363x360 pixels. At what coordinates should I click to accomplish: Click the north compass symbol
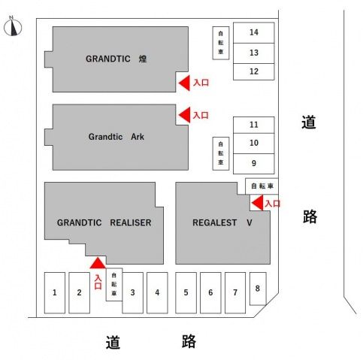click(x=13, y=26)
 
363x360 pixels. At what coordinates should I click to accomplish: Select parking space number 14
click(x=253, y=32)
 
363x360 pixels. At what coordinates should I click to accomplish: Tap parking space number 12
click(x=253, y=71)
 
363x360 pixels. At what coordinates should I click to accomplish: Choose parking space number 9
click(x=253, y=164)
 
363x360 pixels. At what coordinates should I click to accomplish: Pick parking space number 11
click(x=253, y=125)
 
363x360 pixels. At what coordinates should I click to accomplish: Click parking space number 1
click(x=55, y=292)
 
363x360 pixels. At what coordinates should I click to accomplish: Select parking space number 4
click(x=157, y=292)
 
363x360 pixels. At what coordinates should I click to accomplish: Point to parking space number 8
click(x=258, y=289)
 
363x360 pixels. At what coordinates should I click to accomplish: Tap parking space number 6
click(x=210, y=292)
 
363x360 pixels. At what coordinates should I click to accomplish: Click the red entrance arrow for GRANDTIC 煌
click(x=184, y=83)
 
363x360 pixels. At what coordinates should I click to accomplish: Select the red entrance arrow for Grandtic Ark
click(x=184, y=115)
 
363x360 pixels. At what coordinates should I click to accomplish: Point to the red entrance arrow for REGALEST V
click(x=258, y=203)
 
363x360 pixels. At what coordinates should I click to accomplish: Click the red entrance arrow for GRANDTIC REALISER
click(x=98, y=263)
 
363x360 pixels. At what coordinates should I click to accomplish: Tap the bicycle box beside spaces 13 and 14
click(x=221, y=43)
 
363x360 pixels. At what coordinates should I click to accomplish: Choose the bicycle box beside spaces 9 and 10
click(x=221, y=153)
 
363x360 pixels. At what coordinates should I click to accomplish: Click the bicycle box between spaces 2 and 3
click(x=114, y=284)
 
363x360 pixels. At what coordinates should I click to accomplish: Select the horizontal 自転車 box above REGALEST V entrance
click(x=262, y=186)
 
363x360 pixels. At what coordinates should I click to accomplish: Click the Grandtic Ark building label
click(x=116, y=137)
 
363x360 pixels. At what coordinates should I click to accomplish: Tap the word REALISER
click(x=131, y=222)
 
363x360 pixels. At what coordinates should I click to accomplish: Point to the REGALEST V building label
click(x=222, y=222)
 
